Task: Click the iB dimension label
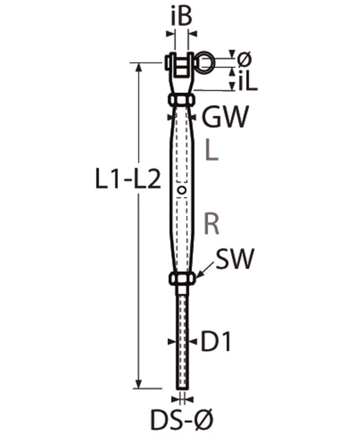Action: (x=181, y=17)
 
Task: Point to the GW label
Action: (x=225, y=117)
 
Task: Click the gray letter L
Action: (x=211, y=151)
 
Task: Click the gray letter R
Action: (x=212, y=224)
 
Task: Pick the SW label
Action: (x=234, y=259)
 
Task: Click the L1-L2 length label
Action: (x=128, y=180)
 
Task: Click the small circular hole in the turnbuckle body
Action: (x=182, y=190)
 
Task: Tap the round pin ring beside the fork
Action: (x=205, y=60)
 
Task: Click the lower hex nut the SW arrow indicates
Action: (x=182, y=279)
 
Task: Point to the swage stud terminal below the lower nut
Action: (x=182, y=342)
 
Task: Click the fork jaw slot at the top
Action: (x=182, y=65)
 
